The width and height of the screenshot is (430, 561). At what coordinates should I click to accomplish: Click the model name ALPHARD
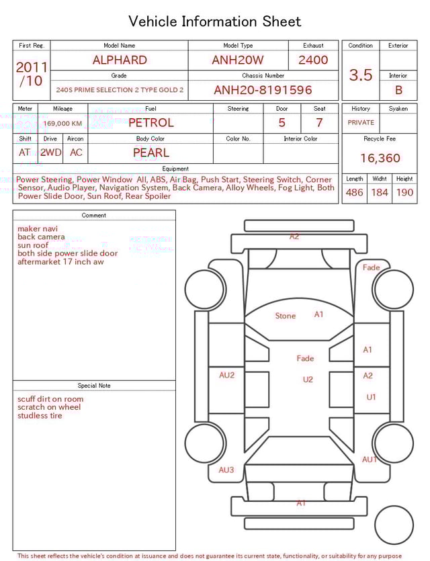(120, 60)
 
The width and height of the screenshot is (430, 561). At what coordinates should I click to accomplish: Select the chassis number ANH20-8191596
(263, 90)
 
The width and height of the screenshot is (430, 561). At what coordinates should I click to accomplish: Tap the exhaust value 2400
(313, 60)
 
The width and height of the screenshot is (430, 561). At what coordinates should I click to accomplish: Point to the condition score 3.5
(361, 75)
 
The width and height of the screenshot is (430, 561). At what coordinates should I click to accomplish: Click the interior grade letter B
(398, 90)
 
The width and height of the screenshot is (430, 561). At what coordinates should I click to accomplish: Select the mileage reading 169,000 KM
(62, 124)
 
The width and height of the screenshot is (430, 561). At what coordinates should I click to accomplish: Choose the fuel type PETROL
(150, 123)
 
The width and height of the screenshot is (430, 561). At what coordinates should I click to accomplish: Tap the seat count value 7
(319, 123)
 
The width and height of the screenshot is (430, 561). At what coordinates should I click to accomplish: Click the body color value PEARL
(150, 153)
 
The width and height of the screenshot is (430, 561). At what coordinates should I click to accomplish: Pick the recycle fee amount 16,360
(380, 159)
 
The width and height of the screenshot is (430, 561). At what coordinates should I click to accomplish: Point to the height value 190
(404, 193)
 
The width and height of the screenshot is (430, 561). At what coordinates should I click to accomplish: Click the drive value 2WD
(50, 153)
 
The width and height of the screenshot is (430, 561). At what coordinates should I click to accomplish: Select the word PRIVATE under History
(361, 123)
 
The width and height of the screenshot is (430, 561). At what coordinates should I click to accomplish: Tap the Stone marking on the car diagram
(286, 316)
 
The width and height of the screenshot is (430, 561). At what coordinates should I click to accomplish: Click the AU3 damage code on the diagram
(226, 470)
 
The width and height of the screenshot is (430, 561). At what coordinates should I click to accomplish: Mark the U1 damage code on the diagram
(372, 397)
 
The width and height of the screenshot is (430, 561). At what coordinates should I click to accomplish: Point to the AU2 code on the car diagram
(227, 376)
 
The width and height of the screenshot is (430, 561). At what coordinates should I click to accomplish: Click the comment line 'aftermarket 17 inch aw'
(60, 262)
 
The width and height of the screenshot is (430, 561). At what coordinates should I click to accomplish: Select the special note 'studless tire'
(40, 416)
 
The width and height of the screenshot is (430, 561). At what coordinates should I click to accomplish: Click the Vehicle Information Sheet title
(215, 21)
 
